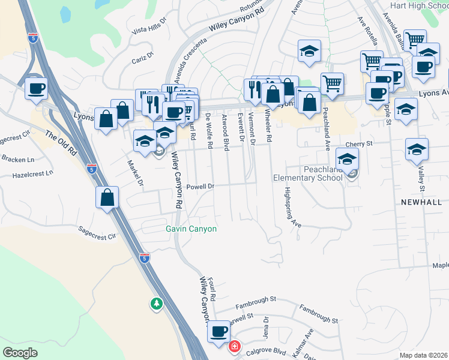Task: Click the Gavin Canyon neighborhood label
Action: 191,229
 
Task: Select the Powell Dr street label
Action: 200,187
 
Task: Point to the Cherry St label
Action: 360,144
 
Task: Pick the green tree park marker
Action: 157,304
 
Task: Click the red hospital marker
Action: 234,346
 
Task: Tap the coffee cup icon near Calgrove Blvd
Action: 218,331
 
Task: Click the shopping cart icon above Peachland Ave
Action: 332,83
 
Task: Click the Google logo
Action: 20,352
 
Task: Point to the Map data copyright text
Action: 423,355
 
